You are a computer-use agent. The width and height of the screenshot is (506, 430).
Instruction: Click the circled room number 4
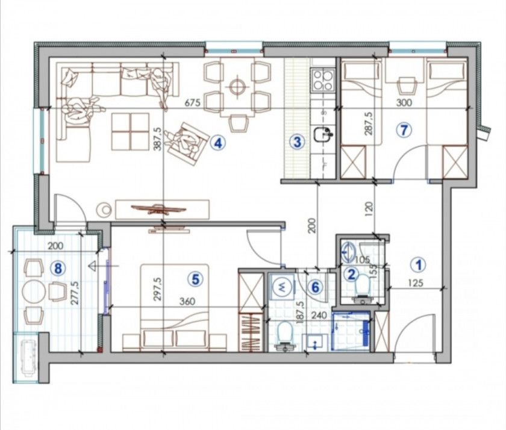(x=218, y=143)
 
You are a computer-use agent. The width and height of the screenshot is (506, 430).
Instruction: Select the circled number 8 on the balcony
(x=58, y=268)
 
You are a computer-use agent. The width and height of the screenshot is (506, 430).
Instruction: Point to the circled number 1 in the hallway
(x=418, y=265)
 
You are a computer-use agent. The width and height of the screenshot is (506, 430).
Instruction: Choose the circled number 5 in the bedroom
(x=196, y=279)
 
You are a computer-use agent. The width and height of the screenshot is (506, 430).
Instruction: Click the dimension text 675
(x=192, y=103)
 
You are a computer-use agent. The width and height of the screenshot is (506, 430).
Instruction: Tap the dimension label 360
(x=187, y=301)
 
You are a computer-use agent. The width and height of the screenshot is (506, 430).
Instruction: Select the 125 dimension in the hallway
(x=415, y=283)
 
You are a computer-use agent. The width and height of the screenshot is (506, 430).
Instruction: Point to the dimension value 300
(x=404, y=102)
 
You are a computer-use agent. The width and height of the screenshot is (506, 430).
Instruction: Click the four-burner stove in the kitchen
(x=323, y=79)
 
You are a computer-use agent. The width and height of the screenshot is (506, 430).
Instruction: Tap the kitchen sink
(x=323, y=134)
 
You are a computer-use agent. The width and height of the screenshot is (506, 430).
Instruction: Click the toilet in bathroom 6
(x=284, y=336)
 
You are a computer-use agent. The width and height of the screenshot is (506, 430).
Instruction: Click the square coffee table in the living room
(x=130, y=131)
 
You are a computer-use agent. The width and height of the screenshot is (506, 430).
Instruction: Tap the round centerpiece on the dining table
(x=238, y=86)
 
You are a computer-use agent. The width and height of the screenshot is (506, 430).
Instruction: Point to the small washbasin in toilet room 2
(x=348, y=252)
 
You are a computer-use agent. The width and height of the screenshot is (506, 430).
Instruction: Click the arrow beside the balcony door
(x=104, y=266)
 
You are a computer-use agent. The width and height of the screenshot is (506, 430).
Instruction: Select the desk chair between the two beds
(x=406, y=85)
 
